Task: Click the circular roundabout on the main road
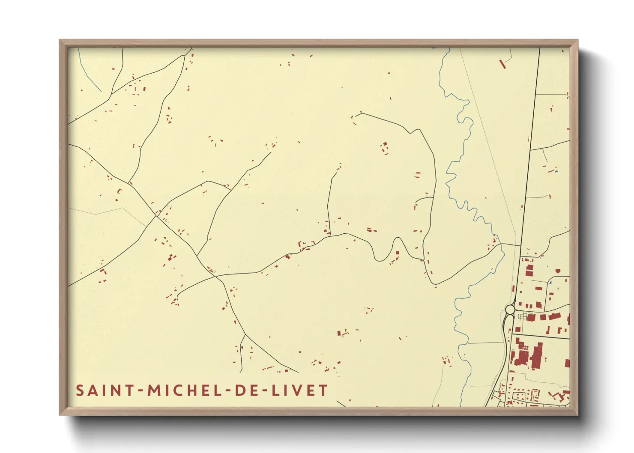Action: (510, 309)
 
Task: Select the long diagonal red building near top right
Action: (502, 64)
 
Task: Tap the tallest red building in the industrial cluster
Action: (537, 355)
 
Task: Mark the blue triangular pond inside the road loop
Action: (550, 283)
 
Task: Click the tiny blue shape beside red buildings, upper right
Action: (556, 171)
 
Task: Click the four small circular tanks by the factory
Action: (522, 316)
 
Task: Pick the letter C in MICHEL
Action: (181, 390)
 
